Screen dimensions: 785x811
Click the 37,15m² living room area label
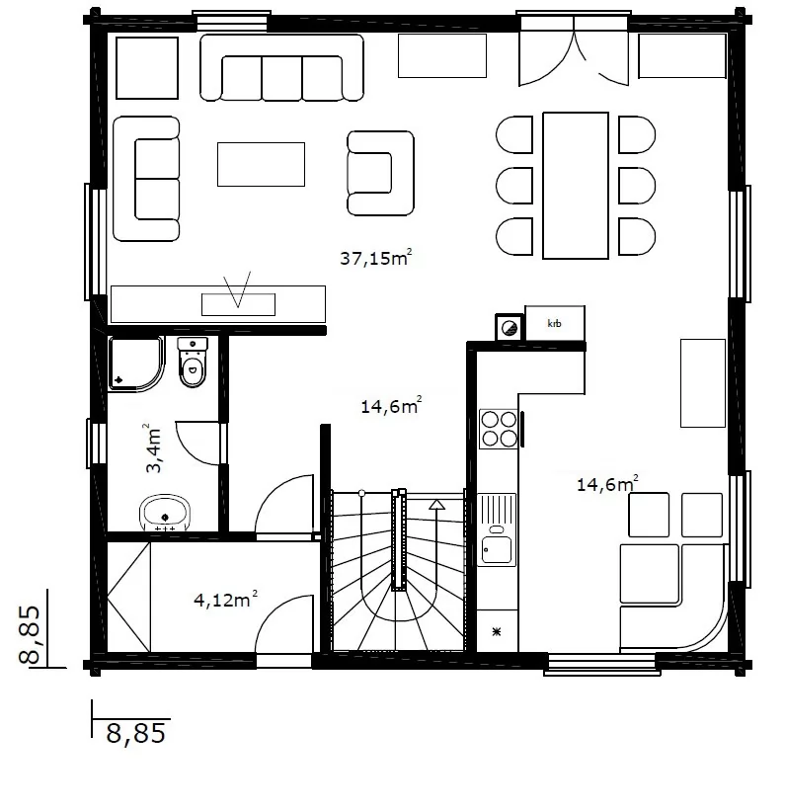[x=376, y=257]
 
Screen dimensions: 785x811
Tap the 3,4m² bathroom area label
[x=154, y=448]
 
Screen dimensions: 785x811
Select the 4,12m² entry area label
[x=225, y=599]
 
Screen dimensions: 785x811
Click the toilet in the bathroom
[x=193, y=363]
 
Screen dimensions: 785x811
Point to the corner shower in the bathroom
[x=136, y=364]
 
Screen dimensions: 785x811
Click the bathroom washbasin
[x=165, y=514]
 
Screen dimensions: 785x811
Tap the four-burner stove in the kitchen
[x=499, y=429]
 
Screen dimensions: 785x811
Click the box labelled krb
[x=555, y=323]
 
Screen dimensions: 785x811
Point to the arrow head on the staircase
[x=437, y=505]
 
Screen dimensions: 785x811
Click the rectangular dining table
[x=576, y=185]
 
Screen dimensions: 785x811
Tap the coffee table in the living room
[x=261, y=164]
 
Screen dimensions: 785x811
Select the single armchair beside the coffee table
[x=380, y=173]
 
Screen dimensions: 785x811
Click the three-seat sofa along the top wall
[x=281, y=67]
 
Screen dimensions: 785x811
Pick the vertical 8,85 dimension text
[x=30, y=634]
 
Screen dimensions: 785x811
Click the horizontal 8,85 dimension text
[x=136, y=733]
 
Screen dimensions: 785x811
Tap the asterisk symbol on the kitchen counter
[x=497, y=631]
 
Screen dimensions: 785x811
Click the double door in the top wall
[x=574, y=50]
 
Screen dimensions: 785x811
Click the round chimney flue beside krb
[x=510, y=328]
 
